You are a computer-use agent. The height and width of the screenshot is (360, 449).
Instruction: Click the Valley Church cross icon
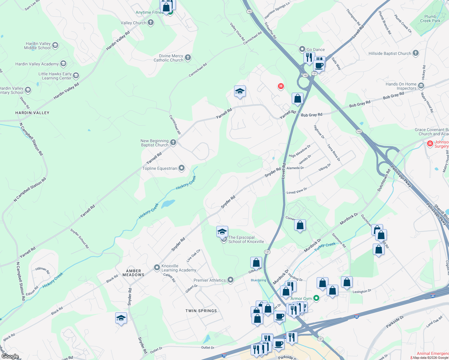click(151, 22)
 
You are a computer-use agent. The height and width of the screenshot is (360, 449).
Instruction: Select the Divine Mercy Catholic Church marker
click(188, 58)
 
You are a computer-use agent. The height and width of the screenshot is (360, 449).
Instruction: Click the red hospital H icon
click(281, 86)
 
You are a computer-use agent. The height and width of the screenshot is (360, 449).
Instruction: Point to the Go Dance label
click(315, 49)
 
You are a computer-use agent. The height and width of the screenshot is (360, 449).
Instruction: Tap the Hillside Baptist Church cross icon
click(416, 53)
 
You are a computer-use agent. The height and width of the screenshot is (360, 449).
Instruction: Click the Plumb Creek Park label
click(430, 19)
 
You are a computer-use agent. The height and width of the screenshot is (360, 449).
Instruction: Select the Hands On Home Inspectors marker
click(421, 86)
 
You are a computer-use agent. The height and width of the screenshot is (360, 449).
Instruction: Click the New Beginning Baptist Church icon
click(173, 142)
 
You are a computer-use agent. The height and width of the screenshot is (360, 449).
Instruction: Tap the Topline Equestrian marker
click(182, 168)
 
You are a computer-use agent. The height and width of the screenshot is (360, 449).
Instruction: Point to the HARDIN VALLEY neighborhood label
click(32, 113)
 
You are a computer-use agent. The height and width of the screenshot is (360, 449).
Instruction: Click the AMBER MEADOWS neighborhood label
click(134, 273)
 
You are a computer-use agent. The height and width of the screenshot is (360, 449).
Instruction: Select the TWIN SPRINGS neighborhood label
click(201, 311)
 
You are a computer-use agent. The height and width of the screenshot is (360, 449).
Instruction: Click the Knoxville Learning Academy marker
click(157, 268)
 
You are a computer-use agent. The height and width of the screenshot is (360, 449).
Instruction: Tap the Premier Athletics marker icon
click(231, 280)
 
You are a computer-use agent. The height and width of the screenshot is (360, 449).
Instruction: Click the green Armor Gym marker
click(316, 298)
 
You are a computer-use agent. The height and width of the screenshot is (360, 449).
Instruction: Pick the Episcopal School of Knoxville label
click(246, 239)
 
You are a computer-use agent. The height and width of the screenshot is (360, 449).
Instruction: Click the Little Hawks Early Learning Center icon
click(76, 75)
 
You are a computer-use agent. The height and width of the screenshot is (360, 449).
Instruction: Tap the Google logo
click(10, 356)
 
